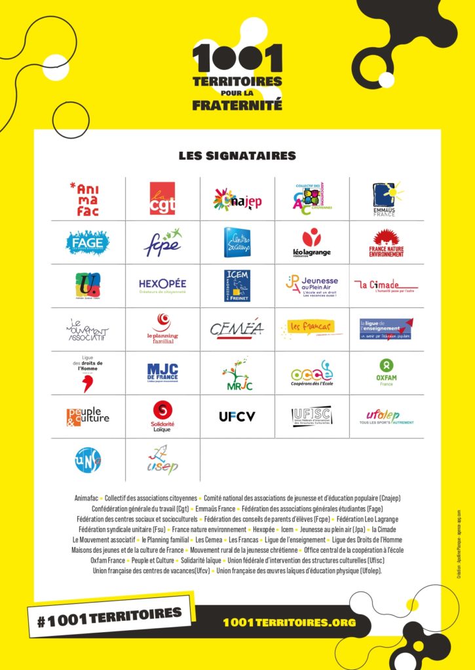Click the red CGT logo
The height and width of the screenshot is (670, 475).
point(162,198)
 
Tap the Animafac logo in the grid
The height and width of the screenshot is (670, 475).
point(88,199)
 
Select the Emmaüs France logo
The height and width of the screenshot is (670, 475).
point(387,199)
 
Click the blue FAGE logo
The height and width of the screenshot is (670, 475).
point(88,243)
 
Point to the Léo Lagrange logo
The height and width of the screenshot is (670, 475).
point(312,243)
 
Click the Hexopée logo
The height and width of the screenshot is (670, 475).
point(162,285)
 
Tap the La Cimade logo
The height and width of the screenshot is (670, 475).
point(386,285)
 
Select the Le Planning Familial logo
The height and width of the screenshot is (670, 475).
point(162,328)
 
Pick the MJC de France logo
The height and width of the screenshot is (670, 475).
point(162,373)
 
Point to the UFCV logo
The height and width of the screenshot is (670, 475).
point(237,415)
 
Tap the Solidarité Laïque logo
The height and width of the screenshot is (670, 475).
point(162,415)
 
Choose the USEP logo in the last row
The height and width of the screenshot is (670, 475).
point(162,459)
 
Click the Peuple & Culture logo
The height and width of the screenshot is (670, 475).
point(88,416)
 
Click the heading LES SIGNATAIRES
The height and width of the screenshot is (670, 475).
point(237,156)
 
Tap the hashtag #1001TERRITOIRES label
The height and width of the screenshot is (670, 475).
point(109,616)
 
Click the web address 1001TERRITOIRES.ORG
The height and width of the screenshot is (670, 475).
point(290,622)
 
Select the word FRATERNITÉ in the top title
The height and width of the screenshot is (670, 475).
point(237,103)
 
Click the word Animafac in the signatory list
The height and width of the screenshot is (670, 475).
point(88,499)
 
